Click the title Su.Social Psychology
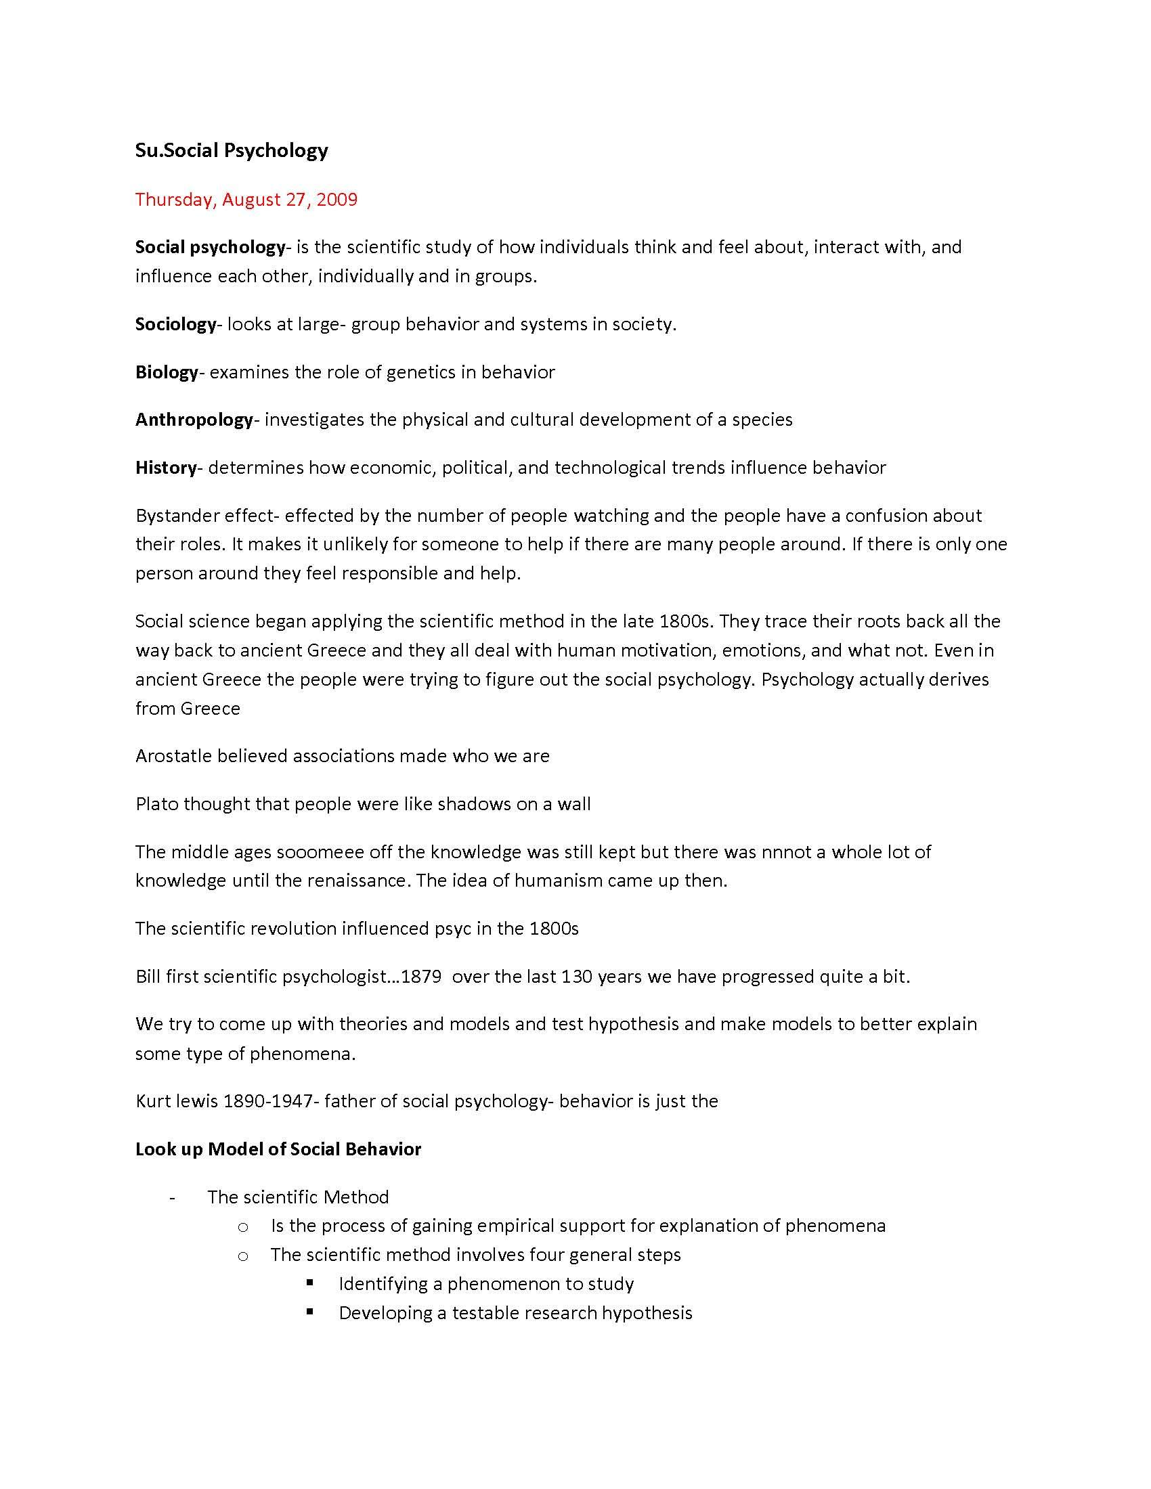(231, 150)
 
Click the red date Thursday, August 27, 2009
(246, 199)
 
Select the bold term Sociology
(175, 324)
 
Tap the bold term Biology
(167, 372)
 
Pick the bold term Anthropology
(194, 420)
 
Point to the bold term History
(166, 468)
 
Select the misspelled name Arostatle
(173, 756)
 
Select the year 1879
(420, 977)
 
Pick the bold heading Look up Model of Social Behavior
(278, 1149)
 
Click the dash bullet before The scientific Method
(173, 1198)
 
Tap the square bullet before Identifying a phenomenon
(310, 1283)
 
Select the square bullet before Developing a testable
(310, 1312)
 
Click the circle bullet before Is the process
(243, 1226)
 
